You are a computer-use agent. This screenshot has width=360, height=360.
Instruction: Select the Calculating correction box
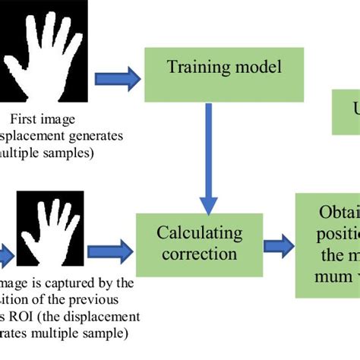pos(199,244)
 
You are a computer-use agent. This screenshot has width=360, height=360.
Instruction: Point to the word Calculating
pos(199,233)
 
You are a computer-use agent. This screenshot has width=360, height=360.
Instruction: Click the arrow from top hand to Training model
pos(119,76)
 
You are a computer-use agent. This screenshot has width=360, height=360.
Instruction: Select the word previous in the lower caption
pos(107,300)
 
